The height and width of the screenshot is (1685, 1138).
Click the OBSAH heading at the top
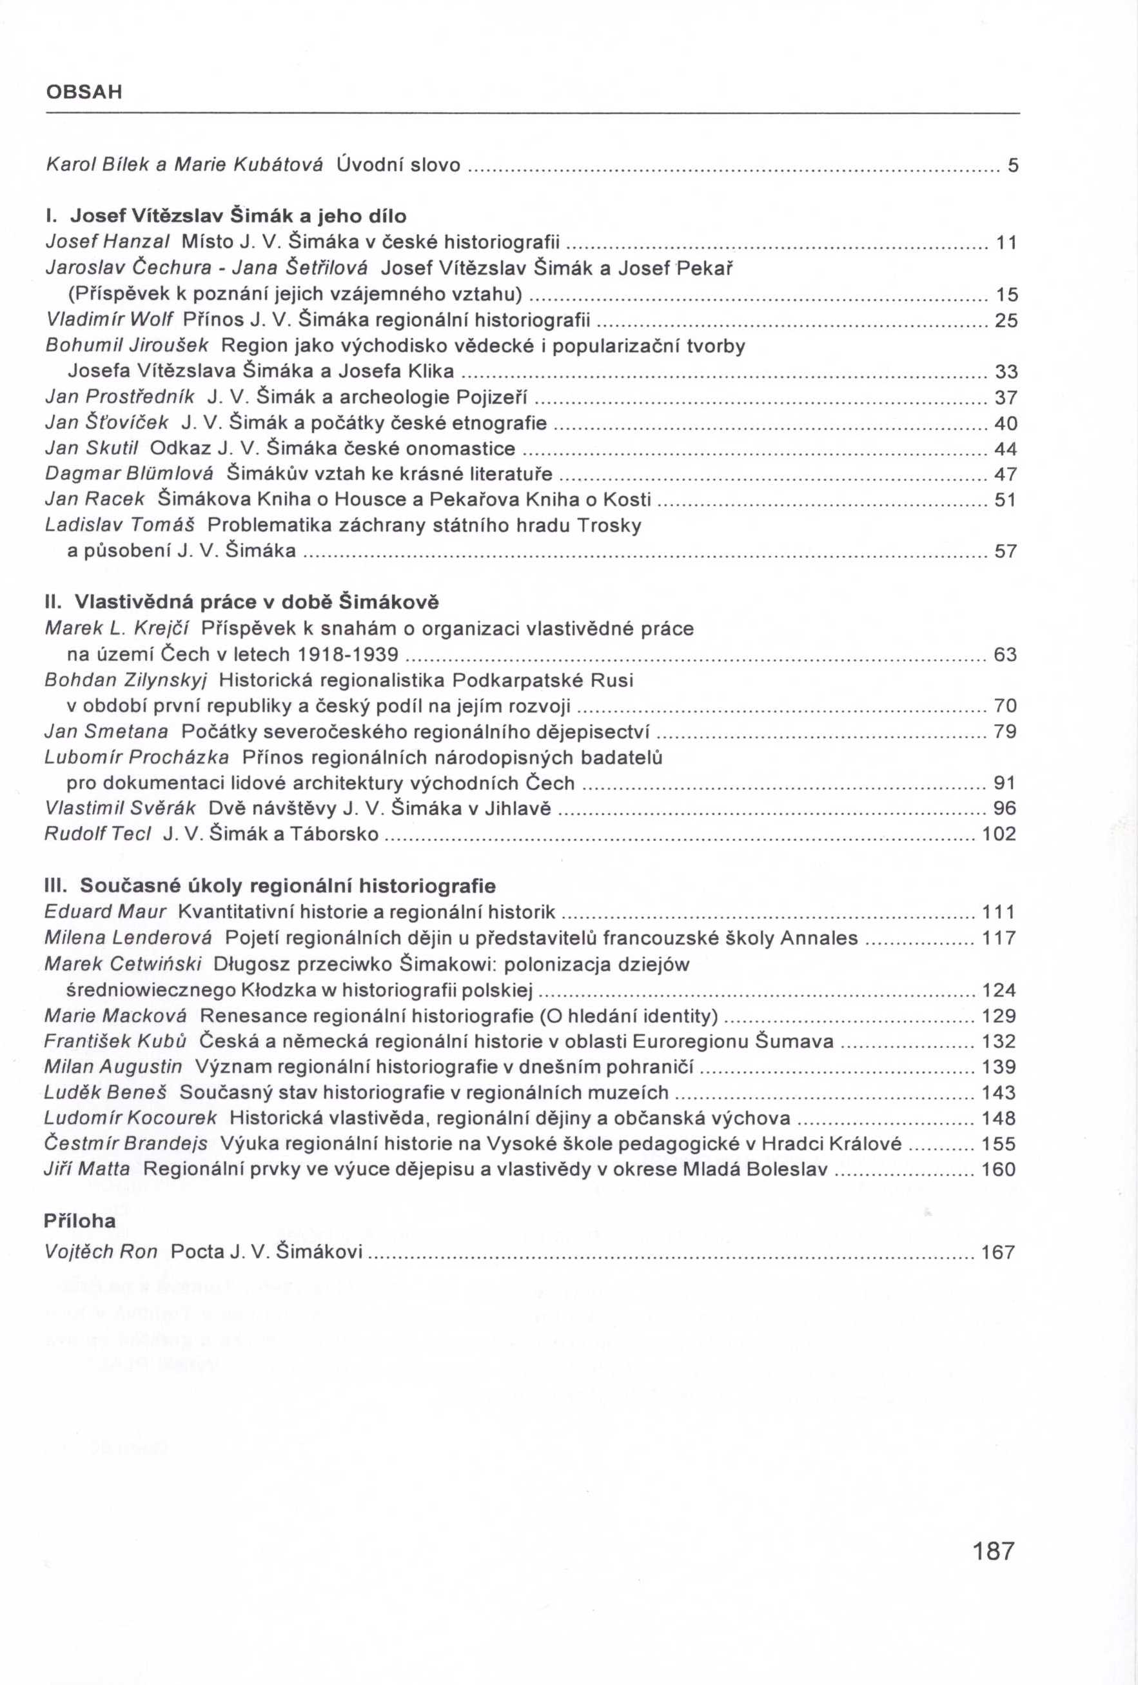pos(84,93)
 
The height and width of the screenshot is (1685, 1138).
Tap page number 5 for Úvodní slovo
pos(1013,166)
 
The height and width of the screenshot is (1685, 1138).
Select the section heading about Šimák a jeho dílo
pos(226,216)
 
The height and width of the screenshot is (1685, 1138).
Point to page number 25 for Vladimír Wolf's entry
pos(1006,320)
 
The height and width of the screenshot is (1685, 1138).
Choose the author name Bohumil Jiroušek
pos(127,346)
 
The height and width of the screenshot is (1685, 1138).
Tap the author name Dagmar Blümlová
pos(129,474)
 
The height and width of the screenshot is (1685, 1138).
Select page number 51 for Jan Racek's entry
pos(1005,500)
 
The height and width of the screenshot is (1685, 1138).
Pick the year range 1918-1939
pos(349,655)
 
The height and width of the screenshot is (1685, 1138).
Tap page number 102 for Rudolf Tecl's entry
pos(999,834)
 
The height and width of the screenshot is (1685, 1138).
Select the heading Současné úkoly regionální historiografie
pos(270,886)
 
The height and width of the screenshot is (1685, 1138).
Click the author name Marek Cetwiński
pos(123,964)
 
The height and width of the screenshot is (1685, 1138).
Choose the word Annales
pos(819,938)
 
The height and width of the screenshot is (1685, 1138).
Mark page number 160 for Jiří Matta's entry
pos(999,1170)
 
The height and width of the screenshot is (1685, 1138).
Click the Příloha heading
pos(80,1222)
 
